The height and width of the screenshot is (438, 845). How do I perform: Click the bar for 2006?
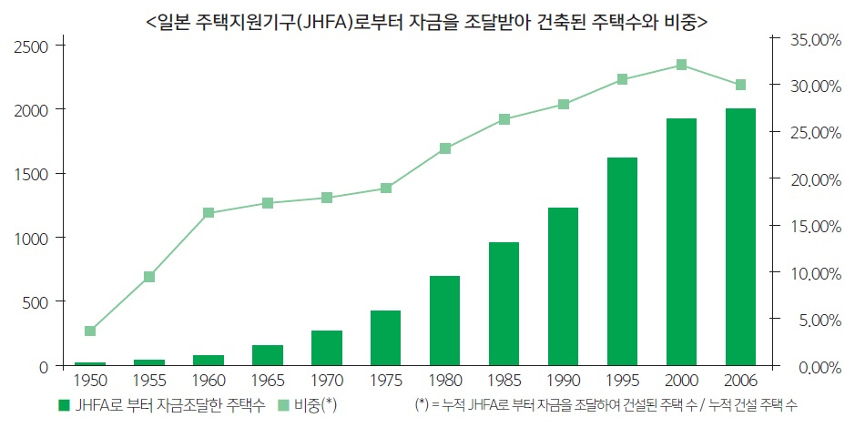pyautogui.click(x=740, y=237)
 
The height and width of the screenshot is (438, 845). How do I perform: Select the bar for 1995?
pyautogui.click(x=622, y=261)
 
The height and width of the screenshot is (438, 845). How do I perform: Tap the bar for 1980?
pyautogui.click(x=444, y=321)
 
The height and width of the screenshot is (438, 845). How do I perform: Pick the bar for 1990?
pyautogui.click(x=563, y=287)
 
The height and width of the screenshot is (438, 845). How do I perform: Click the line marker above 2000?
pyautogui.click(x=681, y=65)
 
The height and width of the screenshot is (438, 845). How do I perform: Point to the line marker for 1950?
pyautogui.click(x=90, y=331)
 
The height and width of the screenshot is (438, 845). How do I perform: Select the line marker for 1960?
pyautogui.click(x=209, y=213)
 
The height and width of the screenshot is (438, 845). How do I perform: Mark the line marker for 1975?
pyautogui.click(x=386, y=188)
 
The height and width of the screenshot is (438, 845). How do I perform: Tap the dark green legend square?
pyautogui.click(x=64, y=405)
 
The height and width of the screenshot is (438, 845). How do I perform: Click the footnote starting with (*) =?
pyautogui.click(x=605, y=405)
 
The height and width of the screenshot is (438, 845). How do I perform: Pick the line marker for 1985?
pyautogui.click(x=504, y=119)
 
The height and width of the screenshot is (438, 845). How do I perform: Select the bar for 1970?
pyautogui.click(x=327, y=348)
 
